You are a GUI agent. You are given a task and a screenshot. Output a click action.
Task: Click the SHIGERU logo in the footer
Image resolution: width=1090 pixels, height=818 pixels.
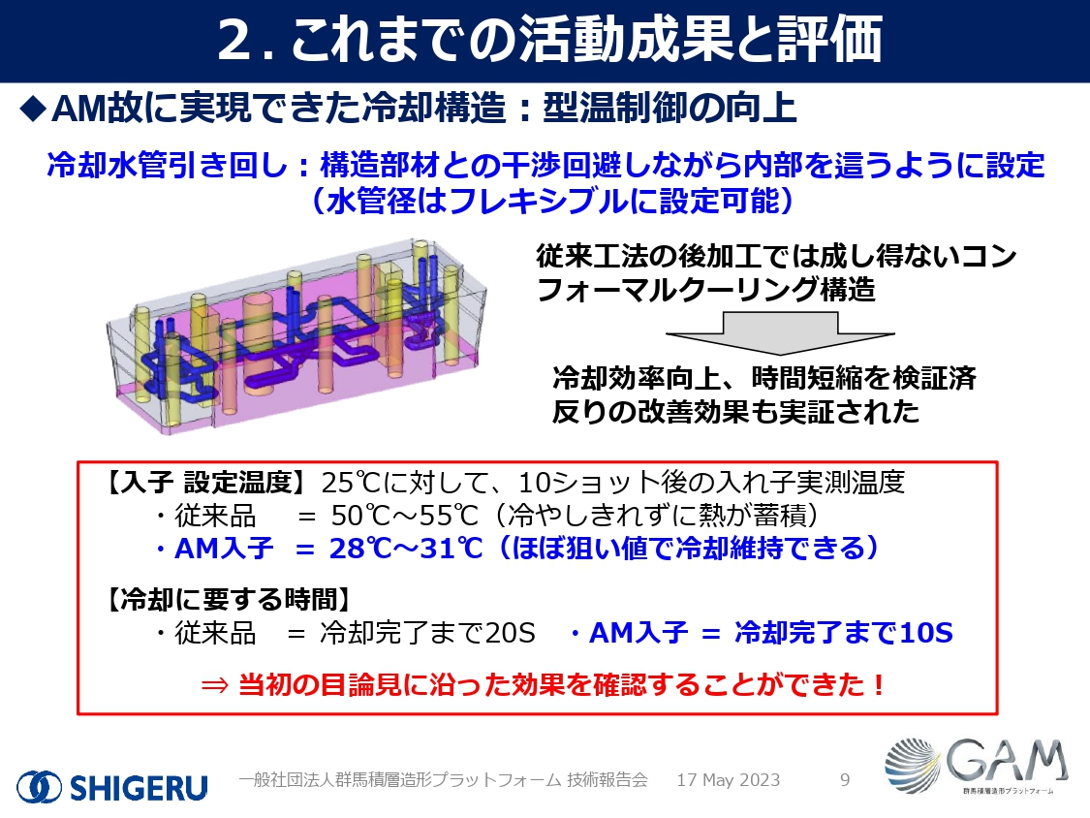112,786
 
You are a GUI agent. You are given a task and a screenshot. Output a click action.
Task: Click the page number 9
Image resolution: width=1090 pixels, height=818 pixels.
845,780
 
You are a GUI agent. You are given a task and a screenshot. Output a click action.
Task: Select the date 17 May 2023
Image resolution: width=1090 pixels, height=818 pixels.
728,780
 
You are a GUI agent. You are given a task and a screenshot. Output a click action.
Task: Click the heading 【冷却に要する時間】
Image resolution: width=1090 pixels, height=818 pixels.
228,600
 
